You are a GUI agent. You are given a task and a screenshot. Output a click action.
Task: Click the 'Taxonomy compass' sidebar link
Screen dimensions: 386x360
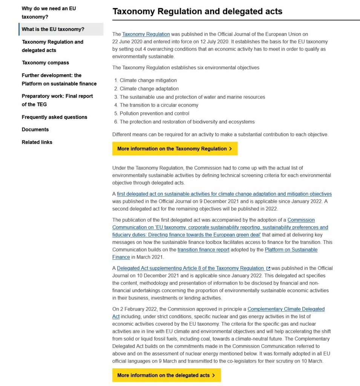pyautogui.click(x=45, y=63)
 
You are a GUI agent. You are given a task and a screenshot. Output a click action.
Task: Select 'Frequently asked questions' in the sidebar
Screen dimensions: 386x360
pyautogui.click(x=54, y=117)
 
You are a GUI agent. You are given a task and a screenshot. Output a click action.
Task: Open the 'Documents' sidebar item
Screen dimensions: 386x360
pyautogui.click(x=35, y=129)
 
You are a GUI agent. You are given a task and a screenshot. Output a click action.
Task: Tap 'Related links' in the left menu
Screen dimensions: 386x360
pyautogui.click(x=37, y=142)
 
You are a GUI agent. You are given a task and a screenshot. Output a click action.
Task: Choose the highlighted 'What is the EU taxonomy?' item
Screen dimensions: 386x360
pyautogui.click(x=53, y=29)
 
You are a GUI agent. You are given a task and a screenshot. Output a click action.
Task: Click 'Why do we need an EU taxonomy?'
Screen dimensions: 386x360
pyautogui.click(x=49, y=12)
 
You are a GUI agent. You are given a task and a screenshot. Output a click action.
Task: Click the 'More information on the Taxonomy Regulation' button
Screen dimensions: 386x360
pyautogui.click(x=175, y=149)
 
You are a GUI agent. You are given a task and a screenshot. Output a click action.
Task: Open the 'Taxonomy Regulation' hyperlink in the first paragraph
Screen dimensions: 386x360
pyautogui.click(x=146, y=34)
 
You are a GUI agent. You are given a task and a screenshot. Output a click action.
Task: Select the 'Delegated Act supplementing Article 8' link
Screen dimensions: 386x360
pyautogui.click(x=190, y=268)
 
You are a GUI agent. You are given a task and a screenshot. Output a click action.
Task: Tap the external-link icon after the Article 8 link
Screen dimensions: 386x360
pyautogui.click(x=268, y=268)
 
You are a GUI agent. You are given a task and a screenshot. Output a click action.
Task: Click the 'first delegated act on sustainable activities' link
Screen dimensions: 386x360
pyautogui.click(x=224, y=194)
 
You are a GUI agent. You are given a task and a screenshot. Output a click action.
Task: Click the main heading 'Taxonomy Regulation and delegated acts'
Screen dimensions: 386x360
pyautogui.click(x=197, y=11)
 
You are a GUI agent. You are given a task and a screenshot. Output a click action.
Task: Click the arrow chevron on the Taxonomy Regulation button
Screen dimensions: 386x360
pyautogui.click(x=230, y=149)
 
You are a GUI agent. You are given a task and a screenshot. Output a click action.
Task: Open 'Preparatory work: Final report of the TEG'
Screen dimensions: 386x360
pyautogui.click(x=57, y=100)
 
